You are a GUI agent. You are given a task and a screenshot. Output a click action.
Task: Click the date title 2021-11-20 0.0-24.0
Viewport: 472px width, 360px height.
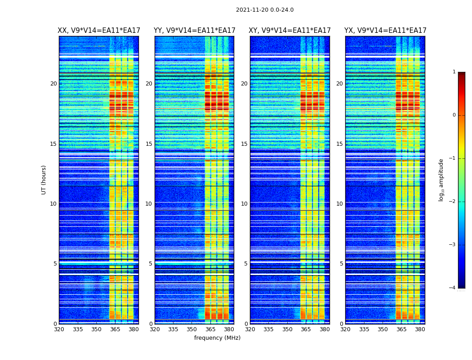click(265, 10)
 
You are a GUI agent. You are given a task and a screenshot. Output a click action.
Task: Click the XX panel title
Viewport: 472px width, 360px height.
click(99, 31)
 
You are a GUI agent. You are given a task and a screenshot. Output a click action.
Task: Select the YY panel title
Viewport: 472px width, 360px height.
click(194, 31)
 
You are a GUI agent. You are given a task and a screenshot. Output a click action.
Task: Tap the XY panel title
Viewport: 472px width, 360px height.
click(290, 31)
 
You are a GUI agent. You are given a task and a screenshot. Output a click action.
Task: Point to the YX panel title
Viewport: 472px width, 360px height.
click(385, 31)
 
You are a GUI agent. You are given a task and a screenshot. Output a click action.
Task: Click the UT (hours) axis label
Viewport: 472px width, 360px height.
click(44, 180)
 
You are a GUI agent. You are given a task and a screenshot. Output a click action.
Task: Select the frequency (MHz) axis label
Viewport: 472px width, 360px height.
click(217, 338)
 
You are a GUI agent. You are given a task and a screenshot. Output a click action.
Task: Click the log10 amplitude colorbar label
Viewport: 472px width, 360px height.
click(441, 180)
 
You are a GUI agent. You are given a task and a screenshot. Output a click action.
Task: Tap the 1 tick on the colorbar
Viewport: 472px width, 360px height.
click(454, 72)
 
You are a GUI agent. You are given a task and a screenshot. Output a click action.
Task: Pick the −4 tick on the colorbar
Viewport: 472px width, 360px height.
click(453, 288)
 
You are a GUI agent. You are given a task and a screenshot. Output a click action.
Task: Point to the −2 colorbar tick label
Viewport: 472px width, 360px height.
click(453, 202)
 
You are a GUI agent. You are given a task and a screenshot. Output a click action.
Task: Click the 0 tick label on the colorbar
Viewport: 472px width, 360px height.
click(454, 115)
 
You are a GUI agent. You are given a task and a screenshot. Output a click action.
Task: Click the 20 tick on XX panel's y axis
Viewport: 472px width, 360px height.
click(53, 84)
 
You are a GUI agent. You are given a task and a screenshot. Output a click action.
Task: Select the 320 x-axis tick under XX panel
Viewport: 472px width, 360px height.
click(59, 329)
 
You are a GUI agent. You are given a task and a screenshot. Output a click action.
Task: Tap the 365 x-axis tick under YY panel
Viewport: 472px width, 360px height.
click(210, 329)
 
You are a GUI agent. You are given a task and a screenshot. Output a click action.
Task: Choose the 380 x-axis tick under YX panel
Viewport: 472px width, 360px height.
click(420, 329)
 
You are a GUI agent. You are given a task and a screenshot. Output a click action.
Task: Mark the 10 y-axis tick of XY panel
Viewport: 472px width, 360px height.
click(245, 204)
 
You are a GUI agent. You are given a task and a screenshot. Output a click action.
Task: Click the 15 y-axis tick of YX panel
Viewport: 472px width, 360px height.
click(340, 144)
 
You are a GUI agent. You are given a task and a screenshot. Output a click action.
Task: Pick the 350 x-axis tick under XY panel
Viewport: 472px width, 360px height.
click(287, 329)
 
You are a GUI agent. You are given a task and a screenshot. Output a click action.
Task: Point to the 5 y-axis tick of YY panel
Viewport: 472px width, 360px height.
click(151, 264)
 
